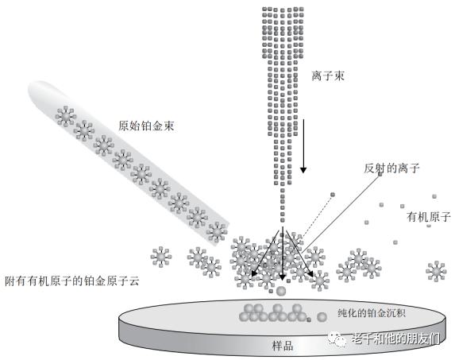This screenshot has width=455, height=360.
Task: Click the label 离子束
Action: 328,75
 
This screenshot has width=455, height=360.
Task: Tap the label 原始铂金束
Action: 146,126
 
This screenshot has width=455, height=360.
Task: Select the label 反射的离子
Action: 391,168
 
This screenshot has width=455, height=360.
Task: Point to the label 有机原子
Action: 429,217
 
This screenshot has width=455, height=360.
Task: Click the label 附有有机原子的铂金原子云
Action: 72,281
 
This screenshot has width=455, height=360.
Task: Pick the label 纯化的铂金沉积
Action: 372,313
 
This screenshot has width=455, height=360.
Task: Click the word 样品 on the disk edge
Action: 283,346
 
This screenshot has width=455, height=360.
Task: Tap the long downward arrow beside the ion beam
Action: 303,145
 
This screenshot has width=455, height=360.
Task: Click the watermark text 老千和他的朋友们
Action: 395,339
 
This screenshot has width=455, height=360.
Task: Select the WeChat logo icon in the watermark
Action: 337,339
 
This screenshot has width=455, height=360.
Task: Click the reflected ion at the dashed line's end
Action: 333,195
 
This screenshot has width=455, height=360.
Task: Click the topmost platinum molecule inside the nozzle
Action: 66,116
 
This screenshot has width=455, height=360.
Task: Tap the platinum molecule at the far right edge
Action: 436,271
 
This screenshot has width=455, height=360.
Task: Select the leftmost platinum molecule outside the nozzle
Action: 161,257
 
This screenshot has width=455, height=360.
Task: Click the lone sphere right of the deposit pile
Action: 322,317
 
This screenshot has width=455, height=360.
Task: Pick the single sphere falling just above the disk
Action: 281,291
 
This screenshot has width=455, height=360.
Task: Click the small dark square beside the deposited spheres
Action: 309,319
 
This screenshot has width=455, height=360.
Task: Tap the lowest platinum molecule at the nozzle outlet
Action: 217,232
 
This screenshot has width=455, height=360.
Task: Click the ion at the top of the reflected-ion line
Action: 380,174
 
